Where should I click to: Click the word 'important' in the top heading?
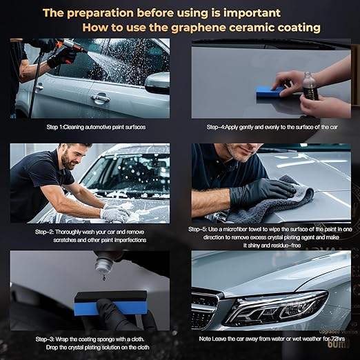click(x=252, y=13)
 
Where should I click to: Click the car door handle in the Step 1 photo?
click(x=100, y=98)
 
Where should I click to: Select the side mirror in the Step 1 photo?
click(x=157, y=83)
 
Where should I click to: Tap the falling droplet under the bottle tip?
click(x=104, y=279)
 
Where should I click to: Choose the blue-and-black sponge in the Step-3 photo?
click(x=111, y=303)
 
